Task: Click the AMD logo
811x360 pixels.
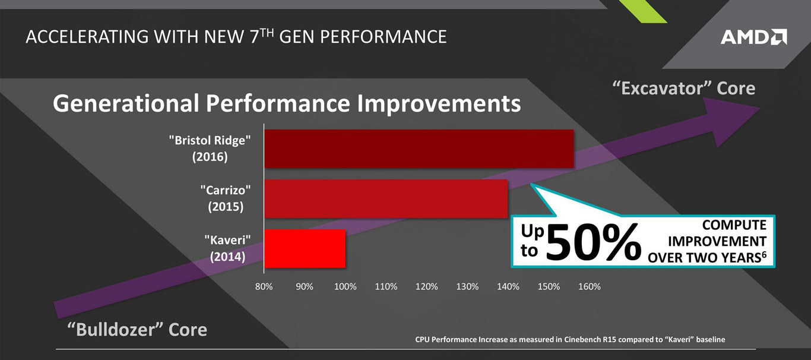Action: [x=753, y=37]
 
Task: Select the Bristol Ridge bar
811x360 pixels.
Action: [x=419, y=149]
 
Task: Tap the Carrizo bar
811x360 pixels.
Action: [x=386, y=198]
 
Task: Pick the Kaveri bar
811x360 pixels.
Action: [x=305, y=248]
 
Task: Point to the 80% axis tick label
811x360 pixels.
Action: [x=264, y=286]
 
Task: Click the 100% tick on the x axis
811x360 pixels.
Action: [x=345, y=286]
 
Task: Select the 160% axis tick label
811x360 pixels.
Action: [x=589, y=286]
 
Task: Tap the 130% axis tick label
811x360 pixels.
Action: [x=467, y=286]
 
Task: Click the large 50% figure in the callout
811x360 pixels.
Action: [x=594, y=242]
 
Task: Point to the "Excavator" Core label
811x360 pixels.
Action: [x=683, y=89]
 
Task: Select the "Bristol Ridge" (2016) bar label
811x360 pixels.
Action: [x=210, y=149]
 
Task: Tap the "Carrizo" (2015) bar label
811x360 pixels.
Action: [x=225, y=198]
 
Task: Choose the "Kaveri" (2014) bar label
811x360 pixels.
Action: [x=227, y=248]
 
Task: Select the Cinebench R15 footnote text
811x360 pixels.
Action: [x=570, y=340]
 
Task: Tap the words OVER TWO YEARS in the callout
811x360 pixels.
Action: [x=703, y=258]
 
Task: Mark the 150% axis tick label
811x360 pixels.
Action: [x=549, y=286]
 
